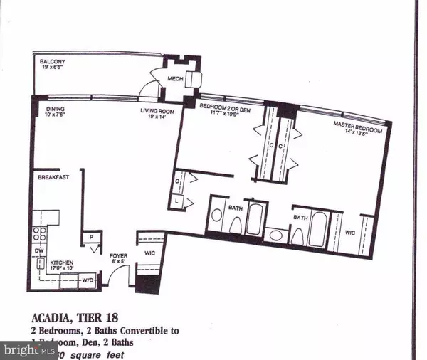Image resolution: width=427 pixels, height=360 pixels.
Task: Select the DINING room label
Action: [56, 109]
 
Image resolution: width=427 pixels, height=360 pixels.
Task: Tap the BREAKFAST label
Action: [53, 177]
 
